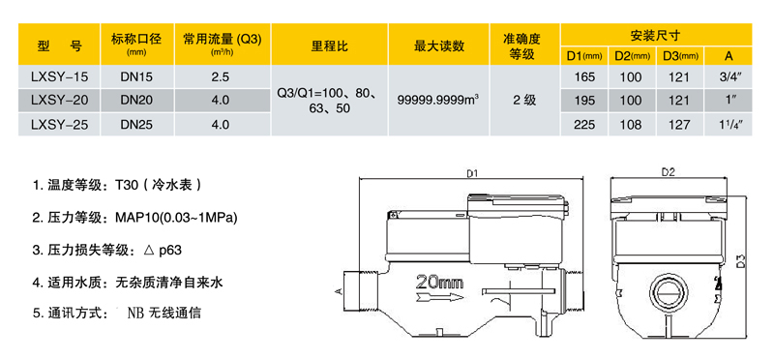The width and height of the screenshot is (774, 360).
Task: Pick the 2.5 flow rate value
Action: point(220,75)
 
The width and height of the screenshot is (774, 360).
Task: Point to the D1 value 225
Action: point(584,124)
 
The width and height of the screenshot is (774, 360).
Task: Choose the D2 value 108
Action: point(631,124)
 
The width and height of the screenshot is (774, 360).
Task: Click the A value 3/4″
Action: point(730,75)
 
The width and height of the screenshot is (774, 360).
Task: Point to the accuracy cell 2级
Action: point(523,100)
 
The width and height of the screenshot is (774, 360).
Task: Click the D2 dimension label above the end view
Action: point(668,172)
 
